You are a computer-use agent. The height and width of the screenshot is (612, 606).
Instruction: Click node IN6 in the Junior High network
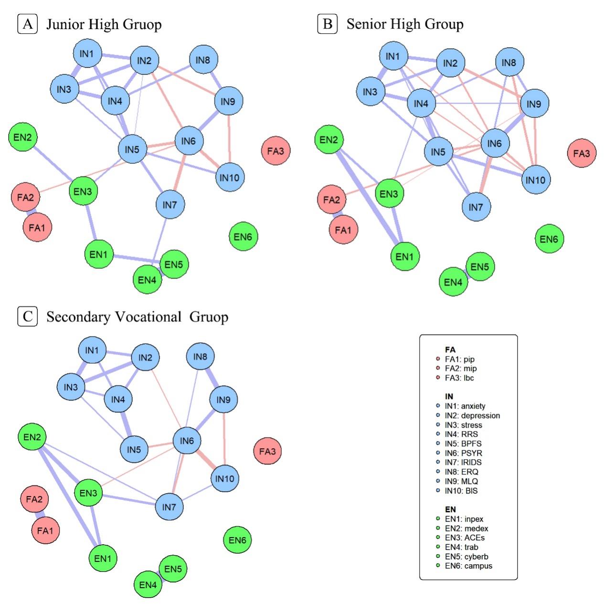[189, 141]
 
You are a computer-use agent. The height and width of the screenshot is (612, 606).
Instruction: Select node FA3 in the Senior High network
[581, 153]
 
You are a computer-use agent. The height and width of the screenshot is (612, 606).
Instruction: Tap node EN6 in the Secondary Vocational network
[237, 540]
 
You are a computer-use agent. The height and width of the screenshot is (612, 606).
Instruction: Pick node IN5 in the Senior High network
[438, 152]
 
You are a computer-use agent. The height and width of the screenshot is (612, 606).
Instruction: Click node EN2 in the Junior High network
[22, 137]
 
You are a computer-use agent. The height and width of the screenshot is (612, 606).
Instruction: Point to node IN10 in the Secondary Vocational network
[224, 478]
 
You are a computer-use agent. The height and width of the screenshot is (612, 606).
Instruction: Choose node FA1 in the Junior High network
[37, 228]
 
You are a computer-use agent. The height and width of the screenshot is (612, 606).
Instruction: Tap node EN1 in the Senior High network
[404, 256]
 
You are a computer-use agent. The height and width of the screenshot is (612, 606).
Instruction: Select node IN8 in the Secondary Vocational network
[200, 356]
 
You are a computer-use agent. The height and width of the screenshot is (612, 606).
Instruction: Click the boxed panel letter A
[27, 24]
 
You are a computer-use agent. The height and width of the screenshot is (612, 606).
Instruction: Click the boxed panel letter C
[27, 317]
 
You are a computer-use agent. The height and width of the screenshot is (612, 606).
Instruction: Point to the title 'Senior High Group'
[404, 24]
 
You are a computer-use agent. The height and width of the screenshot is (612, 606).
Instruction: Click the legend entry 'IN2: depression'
[472, 415]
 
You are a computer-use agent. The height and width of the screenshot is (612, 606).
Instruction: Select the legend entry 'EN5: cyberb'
[466, 557]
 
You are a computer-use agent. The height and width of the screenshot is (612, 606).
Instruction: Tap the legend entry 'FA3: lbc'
[459, 378]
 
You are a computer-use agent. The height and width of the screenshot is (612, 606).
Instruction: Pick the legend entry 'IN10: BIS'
[461, 491]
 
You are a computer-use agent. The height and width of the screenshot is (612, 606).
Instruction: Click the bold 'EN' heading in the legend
[450, 509]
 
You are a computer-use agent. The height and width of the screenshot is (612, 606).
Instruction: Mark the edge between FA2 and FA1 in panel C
[40, 515]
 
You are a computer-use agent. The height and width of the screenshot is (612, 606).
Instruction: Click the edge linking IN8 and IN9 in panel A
[216, 80]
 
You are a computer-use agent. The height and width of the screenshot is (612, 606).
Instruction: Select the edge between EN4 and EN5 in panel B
[467, 274]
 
